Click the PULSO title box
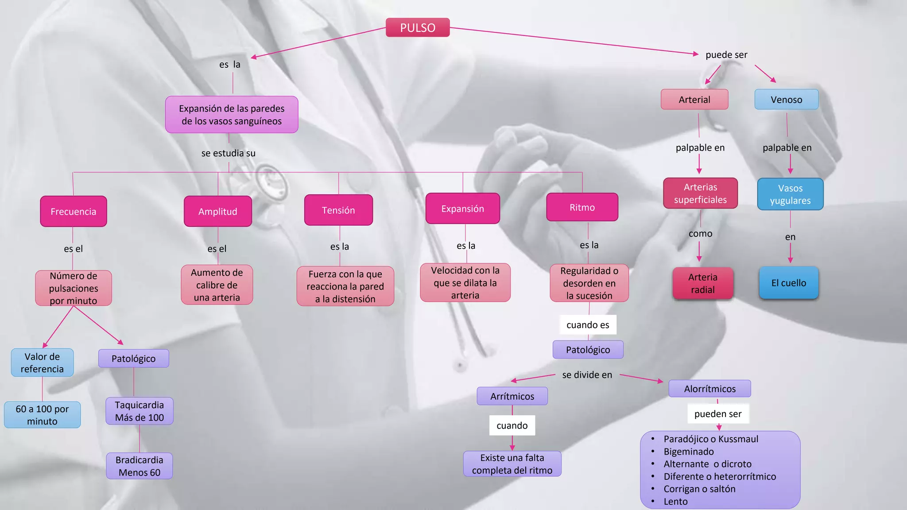point(418,27)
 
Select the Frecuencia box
point(74,212)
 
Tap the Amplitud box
point(218,212)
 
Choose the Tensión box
point(338,210)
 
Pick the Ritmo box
point(582,207)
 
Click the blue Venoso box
point(786,100)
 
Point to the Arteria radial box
point(703,283)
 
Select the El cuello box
point(789,283)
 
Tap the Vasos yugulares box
point(790,194)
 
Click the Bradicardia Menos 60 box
point(140,466)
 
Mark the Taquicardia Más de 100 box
point(140,411)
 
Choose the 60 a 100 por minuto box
point(43,415)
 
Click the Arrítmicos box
point(512,396)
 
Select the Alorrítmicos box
point(709,389)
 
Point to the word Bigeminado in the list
point(689,452)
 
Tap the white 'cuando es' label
point(588,325)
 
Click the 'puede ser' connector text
point(726,55)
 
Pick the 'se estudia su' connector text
point(229,153)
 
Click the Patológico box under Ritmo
point(588,350)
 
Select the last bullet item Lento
point(675,502)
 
